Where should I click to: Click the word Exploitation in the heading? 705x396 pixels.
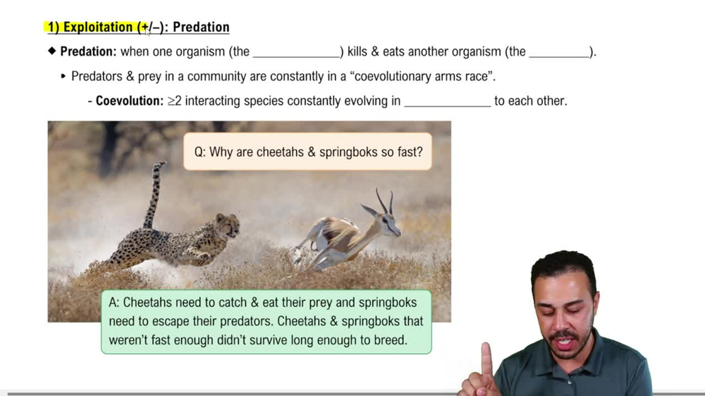pyautogui.click(x=99, y=27)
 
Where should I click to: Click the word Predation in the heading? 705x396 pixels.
pyautogui.click(x=201, y=27)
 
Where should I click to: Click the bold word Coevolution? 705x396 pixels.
pyautogui.click(x=129, y=101)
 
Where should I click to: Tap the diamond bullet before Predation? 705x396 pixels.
pyautogui.click(x=51, y=51)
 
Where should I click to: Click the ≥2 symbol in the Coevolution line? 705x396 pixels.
pyautogui.click(x=175, y=101)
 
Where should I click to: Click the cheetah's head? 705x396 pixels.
pyautogui.click(x=227, y=225)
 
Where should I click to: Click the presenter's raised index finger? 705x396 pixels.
pyautogui.click(x=486, y=359)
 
